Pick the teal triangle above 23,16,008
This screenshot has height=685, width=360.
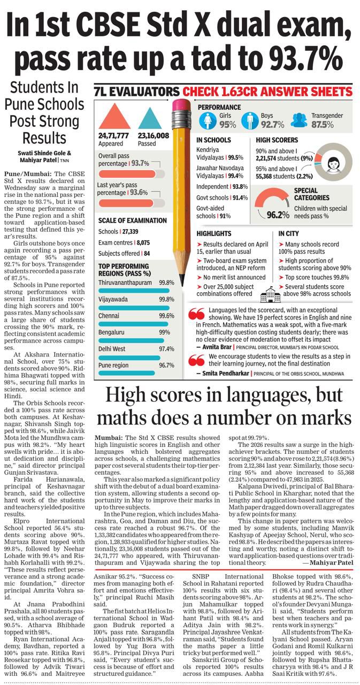(x=150, y=118)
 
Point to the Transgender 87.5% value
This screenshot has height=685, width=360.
(x=322, y=125)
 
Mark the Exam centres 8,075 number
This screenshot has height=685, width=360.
(x=143, y=242)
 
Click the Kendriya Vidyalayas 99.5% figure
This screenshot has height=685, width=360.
(x=235, y=158)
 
